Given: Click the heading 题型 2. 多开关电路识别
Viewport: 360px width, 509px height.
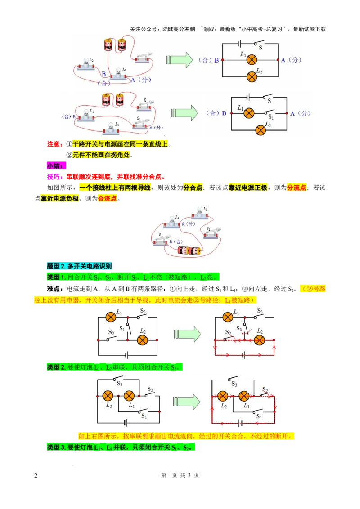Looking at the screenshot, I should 80,266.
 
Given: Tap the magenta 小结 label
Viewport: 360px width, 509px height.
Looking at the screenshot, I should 56,165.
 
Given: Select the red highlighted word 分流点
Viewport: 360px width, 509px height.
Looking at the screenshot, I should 297,188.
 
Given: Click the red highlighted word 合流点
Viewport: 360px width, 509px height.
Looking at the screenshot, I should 108,198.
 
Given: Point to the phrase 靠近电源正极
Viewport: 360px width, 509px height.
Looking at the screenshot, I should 248,188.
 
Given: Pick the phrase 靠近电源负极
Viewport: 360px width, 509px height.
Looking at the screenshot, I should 60,198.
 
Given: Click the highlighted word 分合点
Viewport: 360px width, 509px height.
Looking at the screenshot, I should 193,188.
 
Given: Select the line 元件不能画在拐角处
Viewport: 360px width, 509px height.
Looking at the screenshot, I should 103,155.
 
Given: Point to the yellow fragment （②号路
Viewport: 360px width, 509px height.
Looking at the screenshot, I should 313,289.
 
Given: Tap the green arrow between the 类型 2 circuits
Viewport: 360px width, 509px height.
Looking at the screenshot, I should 187,402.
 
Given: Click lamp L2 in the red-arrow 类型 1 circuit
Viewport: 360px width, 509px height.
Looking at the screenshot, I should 259,340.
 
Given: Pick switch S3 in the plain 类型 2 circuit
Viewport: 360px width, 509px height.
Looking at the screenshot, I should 119,380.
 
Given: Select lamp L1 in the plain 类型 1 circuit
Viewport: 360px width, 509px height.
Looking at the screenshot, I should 111,317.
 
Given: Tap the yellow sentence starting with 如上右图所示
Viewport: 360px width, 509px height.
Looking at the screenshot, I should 186,436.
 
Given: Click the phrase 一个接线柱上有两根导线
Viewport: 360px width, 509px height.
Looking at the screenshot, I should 116,188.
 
